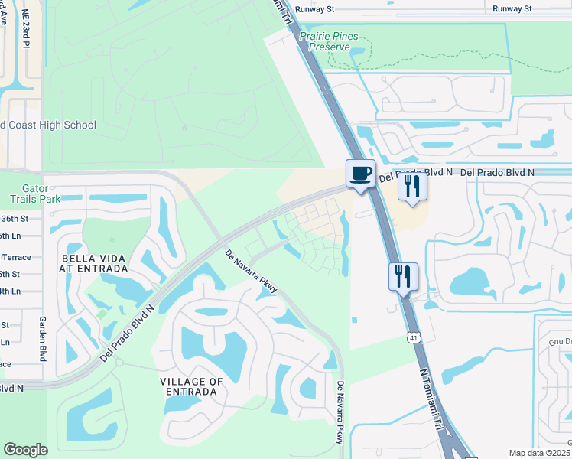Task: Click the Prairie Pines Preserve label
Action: coord(335,41)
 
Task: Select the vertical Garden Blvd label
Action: coord(43,340)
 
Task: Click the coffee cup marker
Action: coord(360,174)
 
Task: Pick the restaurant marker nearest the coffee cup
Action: coord(412,186)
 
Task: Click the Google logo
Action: coord(25,450)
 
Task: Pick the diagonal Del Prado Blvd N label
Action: coord(127,334)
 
